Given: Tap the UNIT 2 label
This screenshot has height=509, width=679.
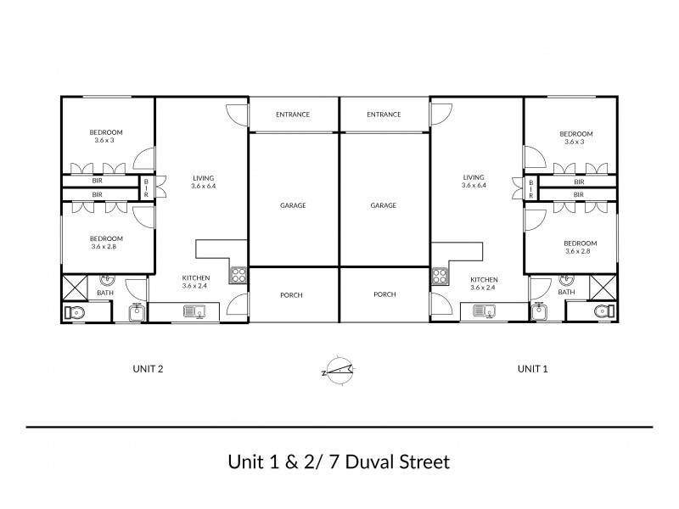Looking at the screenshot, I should tap(149, 369).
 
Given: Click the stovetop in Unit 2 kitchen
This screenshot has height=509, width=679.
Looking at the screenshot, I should tap(238, 275).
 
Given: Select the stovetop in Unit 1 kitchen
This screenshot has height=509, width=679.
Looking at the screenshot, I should tap(440, 275).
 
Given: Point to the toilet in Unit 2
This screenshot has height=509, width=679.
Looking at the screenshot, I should tap(74, 312).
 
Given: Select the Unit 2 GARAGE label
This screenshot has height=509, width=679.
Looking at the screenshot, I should tap(293, 205).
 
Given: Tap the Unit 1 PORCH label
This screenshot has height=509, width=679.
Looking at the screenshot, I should tap(384, 295).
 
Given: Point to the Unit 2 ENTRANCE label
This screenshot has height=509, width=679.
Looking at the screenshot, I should tap(293, 115).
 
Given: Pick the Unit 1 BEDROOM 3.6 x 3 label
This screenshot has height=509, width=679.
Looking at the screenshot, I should tap(575, 137).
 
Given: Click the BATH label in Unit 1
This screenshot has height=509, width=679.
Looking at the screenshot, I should tap(566, 293).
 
